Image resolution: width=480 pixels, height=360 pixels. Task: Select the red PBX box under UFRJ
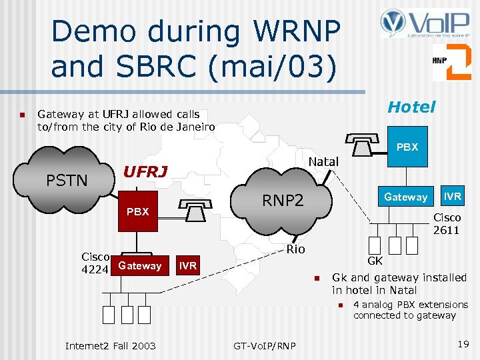[138, 212]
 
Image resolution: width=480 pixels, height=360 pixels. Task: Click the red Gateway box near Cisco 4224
[140, 265]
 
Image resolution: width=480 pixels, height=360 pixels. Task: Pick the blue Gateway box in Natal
[405, 197]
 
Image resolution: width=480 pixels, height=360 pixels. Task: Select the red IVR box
[188, 265]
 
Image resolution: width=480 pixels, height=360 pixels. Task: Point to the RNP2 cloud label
[283, 199]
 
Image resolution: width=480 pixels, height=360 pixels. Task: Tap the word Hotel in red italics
[411, 107]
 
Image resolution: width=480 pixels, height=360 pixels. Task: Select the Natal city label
[323, 161]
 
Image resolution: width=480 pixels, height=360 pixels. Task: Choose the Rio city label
[296, 249]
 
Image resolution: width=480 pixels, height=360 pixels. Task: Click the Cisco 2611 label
[446, 223]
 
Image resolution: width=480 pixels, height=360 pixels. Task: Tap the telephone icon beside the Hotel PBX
[363, 143]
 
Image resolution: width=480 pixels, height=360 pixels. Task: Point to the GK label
[375, 261]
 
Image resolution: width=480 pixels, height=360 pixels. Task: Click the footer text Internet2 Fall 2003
[110, 345]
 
